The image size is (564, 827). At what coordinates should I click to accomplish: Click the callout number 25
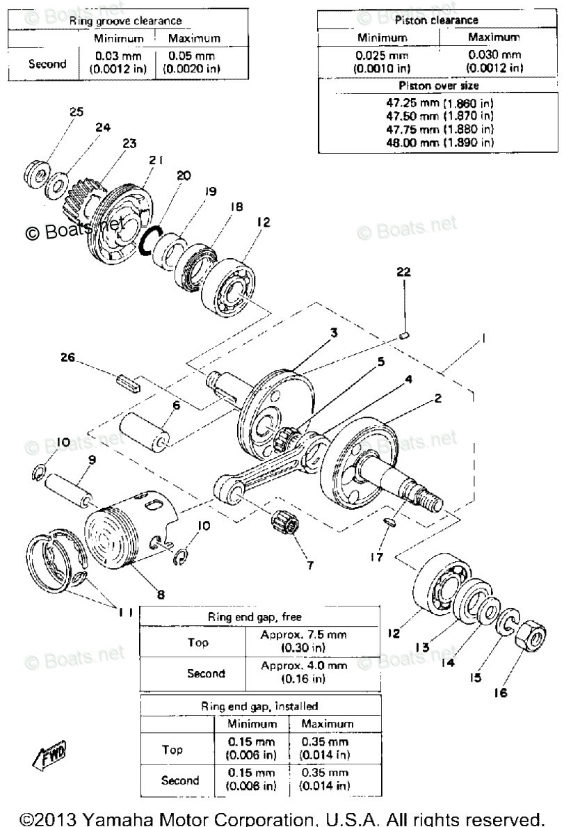pos(76,111)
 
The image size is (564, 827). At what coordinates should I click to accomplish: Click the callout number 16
pos(520,692)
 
